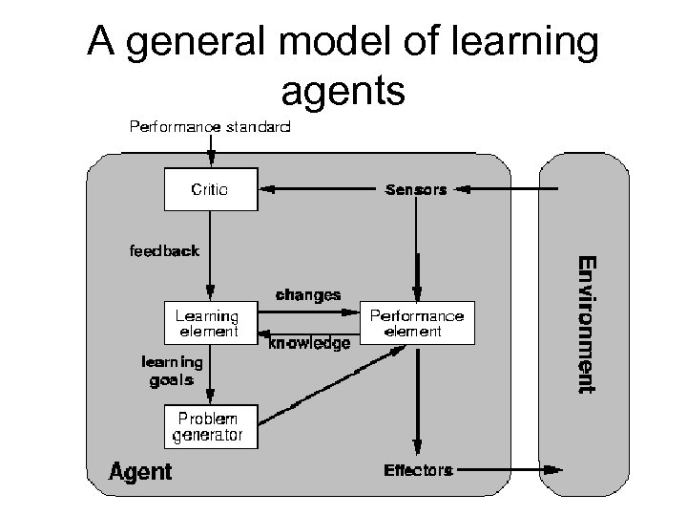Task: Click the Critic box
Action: (x=210, y=189)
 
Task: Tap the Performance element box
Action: (x=417, y=323)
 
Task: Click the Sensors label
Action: (x=415, y=189)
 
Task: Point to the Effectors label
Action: (x=417, y=469)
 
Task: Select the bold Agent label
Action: (x=140, y=471)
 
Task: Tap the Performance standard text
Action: (x=210, y=125)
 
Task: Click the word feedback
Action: (x=164, y=251)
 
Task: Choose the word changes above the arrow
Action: (x=307, y=294)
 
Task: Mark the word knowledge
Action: (x=309, y=342)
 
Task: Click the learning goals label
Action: (x=172, y=370)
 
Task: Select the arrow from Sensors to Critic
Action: (x=320, y=189)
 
